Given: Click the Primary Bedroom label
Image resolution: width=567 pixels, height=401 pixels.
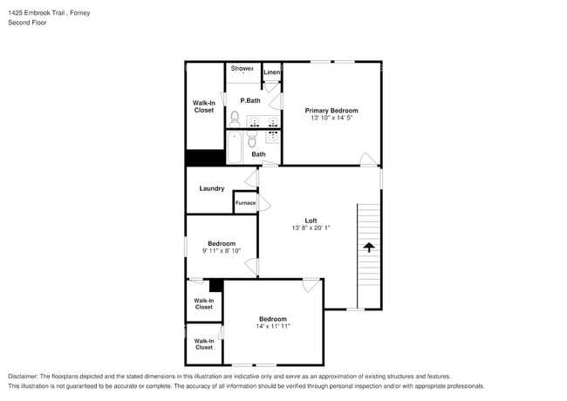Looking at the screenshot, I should pos(331,111).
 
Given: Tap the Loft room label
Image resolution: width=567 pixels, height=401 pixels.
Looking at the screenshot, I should pos(311,221).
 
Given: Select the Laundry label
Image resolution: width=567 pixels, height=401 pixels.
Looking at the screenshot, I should pos(212,188).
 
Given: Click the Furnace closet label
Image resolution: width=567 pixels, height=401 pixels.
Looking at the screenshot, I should pos(245,203).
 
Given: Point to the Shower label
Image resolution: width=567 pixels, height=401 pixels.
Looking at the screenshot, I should pos(243,68).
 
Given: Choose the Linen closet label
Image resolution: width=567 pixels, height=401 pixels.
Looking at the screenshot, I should pos(272,72).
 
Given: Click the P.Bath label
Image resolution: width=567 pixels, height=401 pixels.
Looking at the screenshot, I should pos(250,100).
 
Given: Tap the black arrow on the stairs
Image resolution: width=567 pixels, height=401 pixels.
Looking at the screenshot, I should pos(369,248).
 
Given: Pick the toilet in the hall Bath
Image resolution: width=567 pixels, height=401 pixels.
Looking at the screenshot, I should pos(252,139).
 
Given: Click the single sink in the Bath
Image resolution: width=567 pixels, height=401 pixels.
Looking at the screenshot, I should pos(271,136).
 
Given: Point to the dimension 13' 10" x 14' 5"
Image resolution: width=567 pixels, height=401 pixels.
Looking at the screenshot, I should pos(331,119).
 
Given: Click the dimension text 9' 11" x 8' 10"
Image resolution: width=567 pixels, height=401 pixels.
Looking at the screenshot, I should pos(221,251).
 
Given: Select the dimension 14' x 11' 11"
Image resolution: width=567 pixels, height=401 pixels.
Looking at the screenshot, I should pos(273,327).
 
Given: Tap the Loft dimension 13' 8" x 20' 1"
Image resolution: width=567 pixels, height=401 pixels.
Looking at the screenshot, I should pos(311,228).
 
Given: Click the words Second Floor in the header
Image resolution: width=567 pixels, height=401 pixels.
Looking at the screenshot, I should pos(28,24).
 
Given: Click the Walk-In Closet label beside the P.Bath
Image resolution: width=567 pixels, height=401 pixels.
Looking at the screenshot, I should pos(204,106).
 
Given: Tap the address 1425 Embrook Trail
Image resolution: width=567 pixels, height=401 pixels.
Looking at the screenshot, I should pos(39,13).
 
